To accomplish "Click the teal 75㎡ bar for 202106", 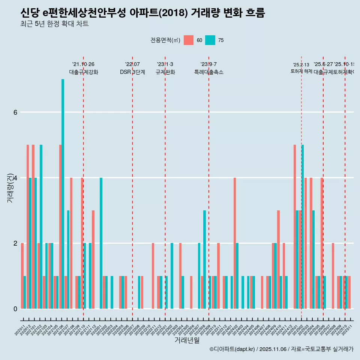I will (63, 194).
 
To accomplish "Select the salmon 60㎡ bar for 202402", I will (235, 243).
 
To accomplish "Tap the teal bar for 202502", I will (303, 226).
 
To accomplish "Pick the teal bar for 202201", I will (101, 243).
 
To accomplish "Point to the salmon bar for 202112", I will (93, 259).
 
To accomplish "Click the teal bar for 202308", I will (205, 259).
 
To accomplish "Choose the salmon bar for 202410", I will (278, 259).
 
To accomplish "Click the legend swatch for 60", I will (189, 40).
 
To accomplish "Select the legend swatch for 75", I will (210, 40).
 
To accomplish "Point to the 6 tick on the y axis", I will (15, 112).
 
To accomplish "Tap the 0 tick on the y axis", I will (15, 309).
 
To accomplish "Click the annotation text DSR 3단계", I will (132, 72).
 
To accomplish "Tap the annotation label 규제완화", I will (165, 72).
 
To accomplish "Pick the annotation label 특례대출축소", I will (208, 72).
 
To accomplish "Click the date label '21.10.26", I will (83, 64).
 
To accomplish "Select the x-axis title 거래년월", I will (187, 340).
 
